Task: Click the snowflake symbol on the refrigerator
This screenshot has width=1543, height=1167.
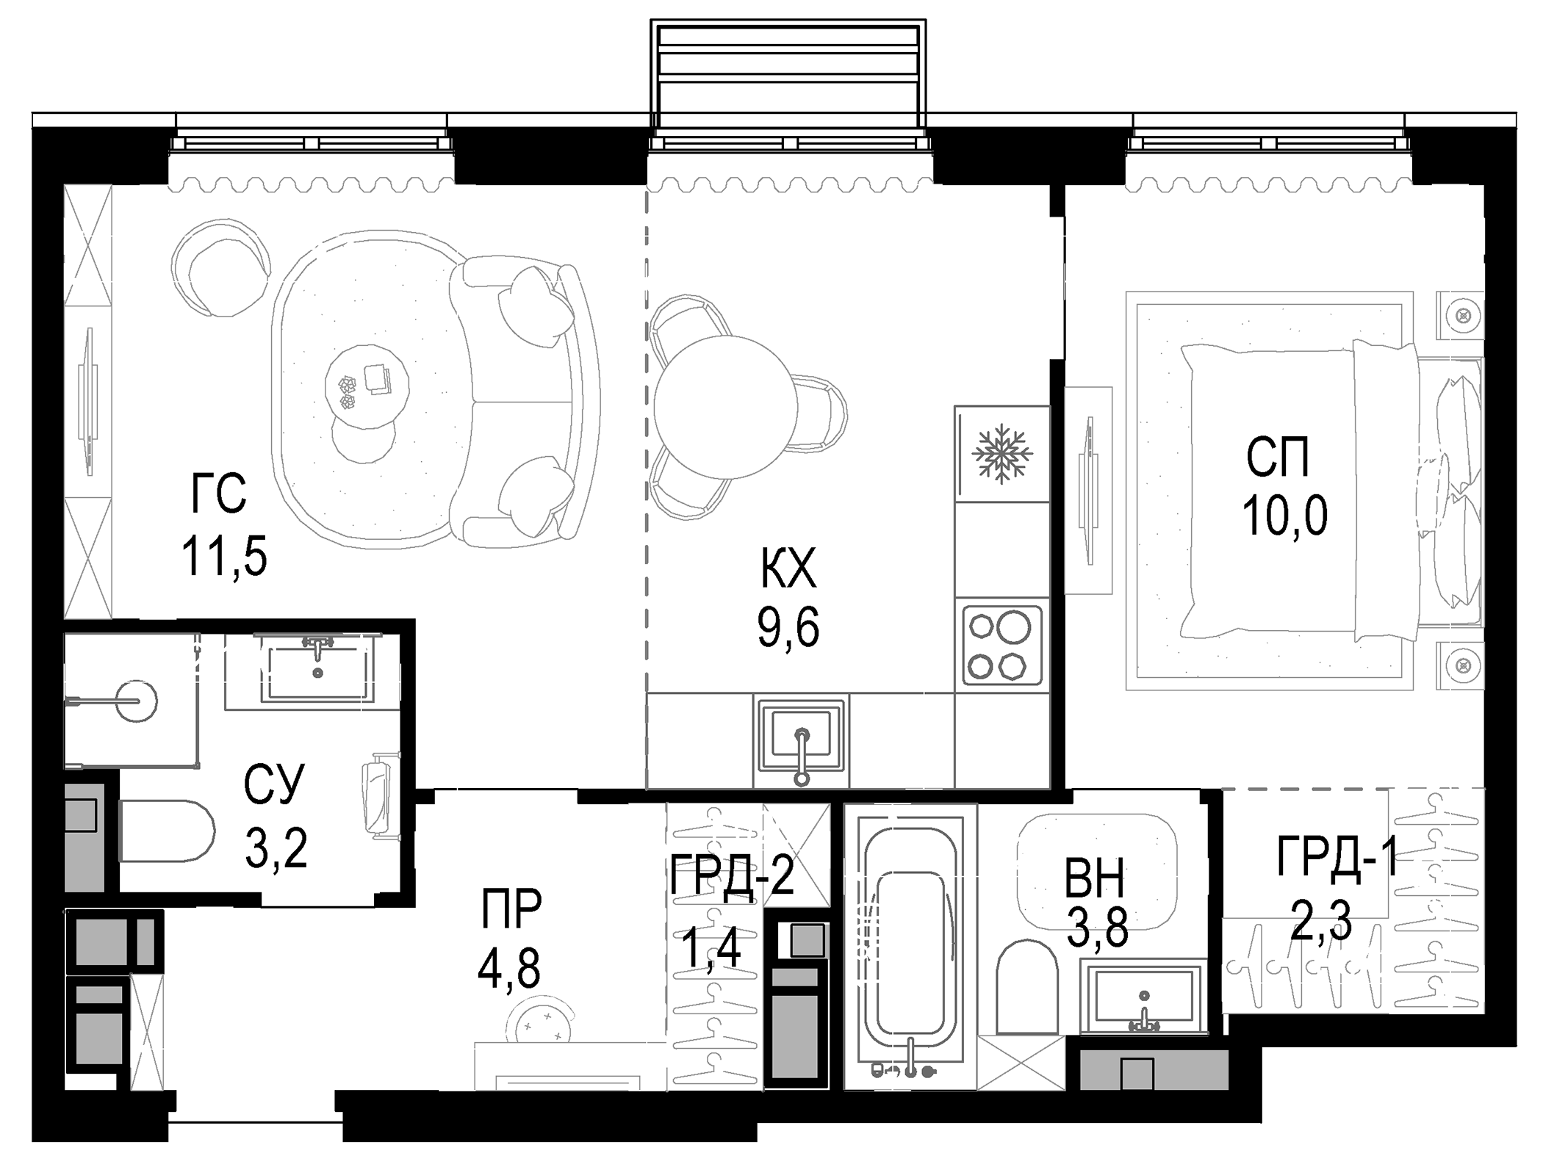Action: (x=1001, y=454)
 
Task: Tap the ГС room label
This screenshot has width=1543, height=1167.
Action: (x=218, y=494)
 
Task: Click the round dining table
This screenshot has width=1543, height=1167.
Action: (x=725, y=408)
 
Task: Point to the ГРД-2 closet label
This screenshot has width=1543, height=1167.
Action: (x=732, y=875)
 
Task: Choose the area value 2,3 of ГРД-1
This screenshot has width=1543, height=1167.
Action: (x=1320, y=924)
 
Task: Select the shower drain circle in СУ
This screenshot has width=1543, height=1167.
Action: (x=137, y=701)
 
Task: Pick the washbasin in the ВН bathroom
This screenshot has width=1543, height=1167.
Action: (x=1143, y=999)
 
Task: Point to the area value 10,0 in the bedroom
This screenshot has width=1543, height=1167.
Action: (x=1284, y=516)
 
